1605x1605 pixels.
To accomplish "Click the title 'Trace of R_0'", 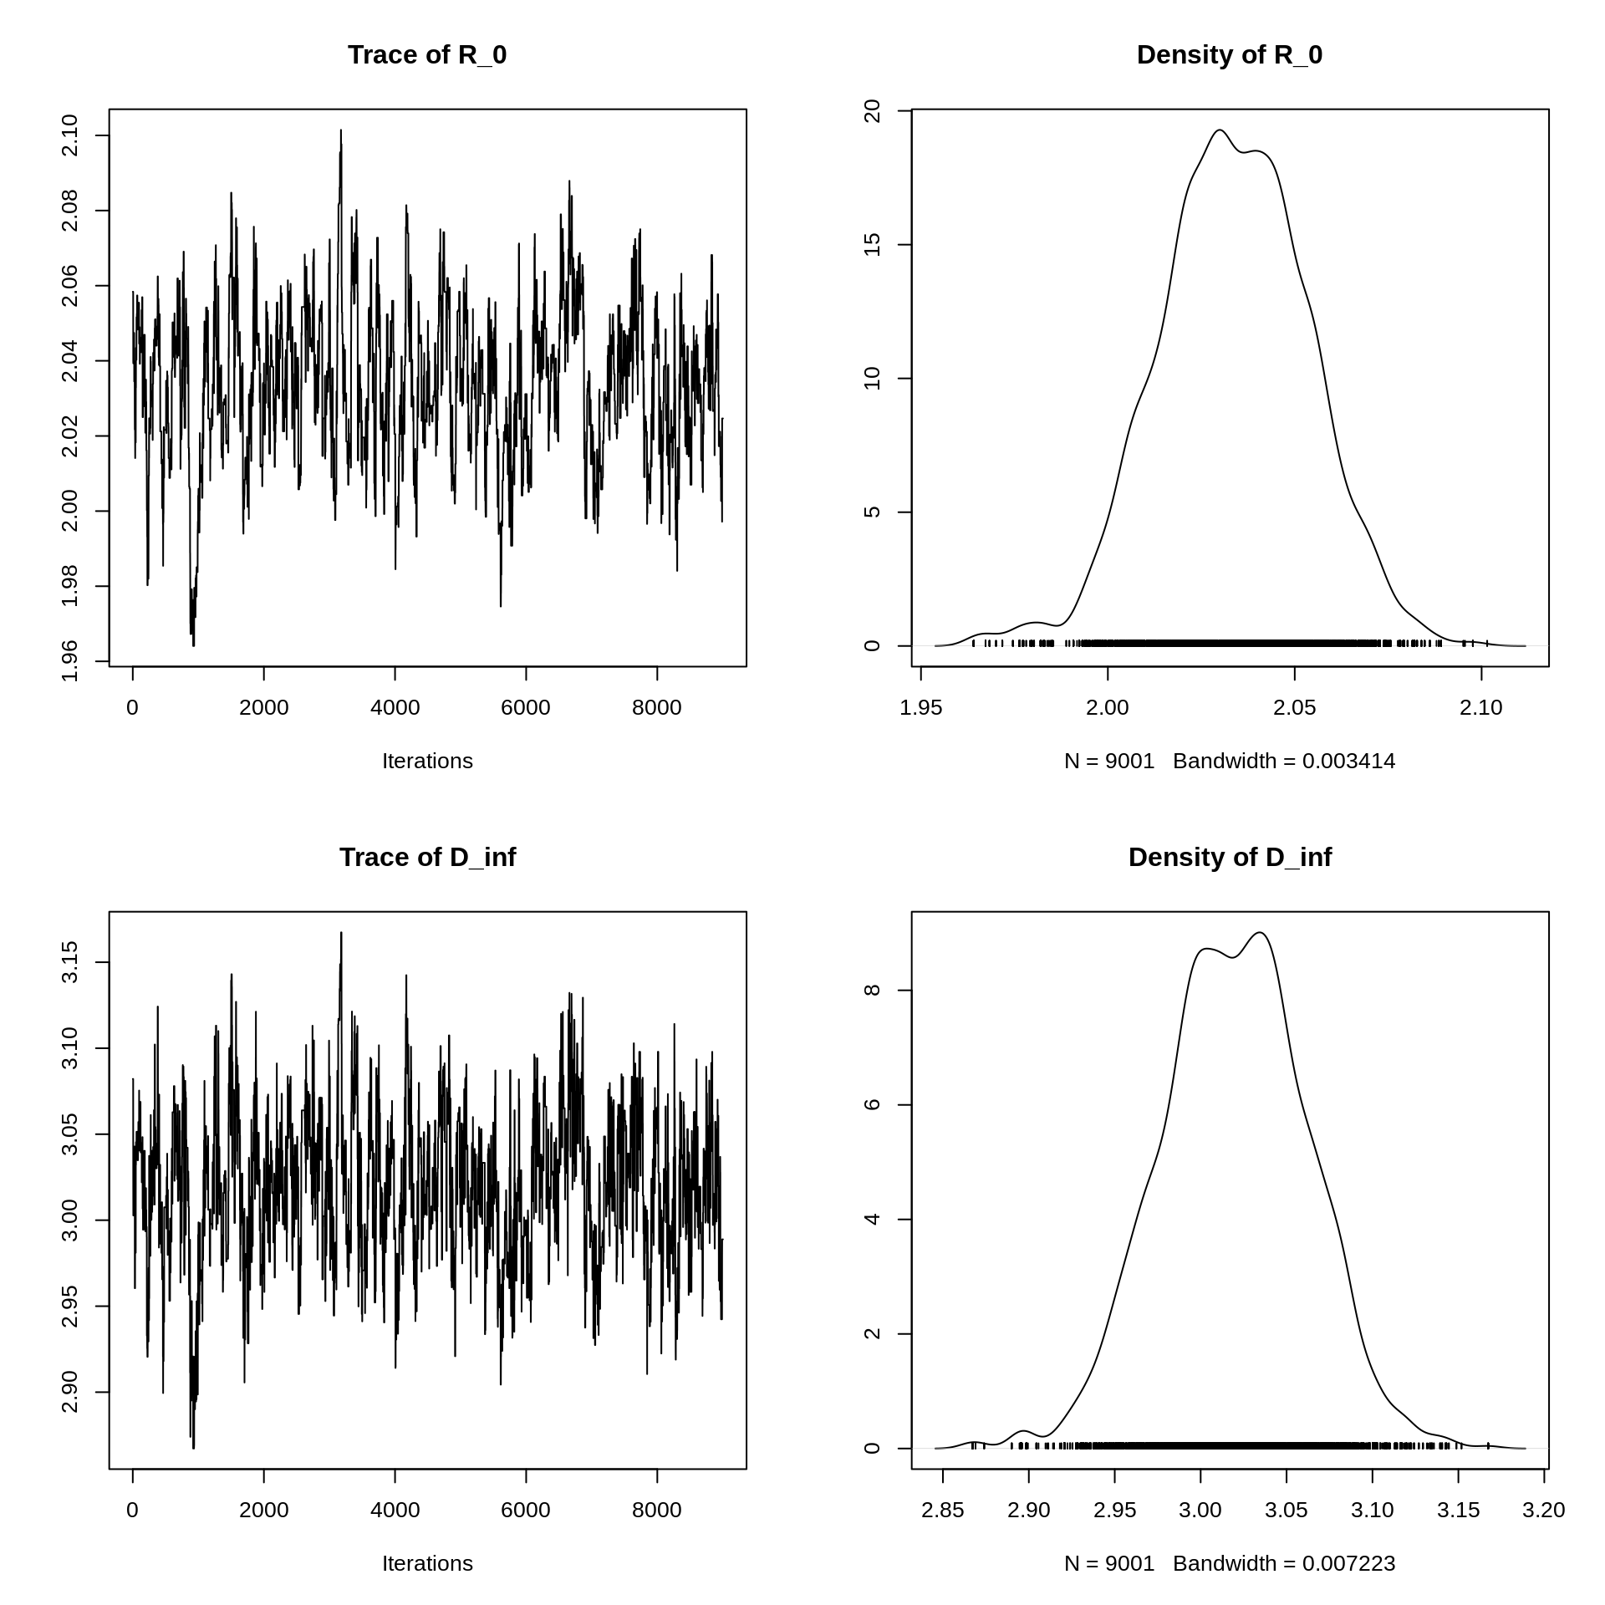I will pos(427,55).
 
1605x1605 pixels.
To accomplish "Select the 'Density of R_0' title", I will pos(1229,55).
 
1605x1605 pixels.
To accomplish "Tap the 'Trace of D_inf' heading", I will pos(427,858).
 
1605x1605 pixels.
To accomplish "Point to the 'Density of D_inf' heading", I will pos(1229,858).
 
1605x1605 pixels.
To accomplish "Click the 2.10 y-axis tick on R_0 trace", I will pos(70,135).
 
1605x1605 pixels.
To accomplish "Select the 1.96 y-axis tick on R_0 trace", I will pos(70,660).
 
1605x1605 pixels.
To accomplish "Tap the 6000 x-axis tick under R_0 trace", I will pos(526,708).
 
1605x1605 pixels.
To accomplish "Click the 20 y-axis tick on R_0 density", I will pos(873,111).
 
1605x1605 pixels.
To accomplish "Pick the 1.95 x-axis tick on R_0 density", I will pos(921,708).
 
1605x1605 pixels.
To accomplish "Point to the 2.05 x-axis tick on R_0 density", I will pos(1295,708).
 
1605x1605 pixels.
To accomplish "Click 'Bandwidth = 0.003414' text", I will pos(1284,762).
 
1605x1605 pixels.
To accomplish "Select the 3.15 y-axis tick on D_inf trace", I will pos(70,962).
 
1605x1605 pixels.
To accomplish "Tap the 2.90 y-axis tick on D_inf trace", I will pos(70,1392).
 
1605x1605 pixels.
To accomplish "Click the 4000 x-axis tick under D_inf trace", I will pos(395,1511).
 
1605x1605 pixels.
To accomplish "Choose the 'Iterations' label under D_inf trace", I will pos(427,1564).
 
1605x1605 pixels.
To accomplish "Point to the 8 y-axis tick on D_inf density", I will pos(873,990).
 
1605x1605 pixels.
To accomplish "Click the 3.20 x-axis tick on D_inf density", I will pos(1543,1511).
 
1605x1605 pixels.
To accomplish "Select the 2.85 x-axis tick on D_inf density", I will pos(943,1511).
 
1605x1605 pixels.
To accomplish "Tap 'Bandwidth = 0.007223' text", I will pos(1284,1564).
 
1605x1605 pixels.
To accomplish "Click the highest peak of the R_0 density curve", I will pos(1220,130).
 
